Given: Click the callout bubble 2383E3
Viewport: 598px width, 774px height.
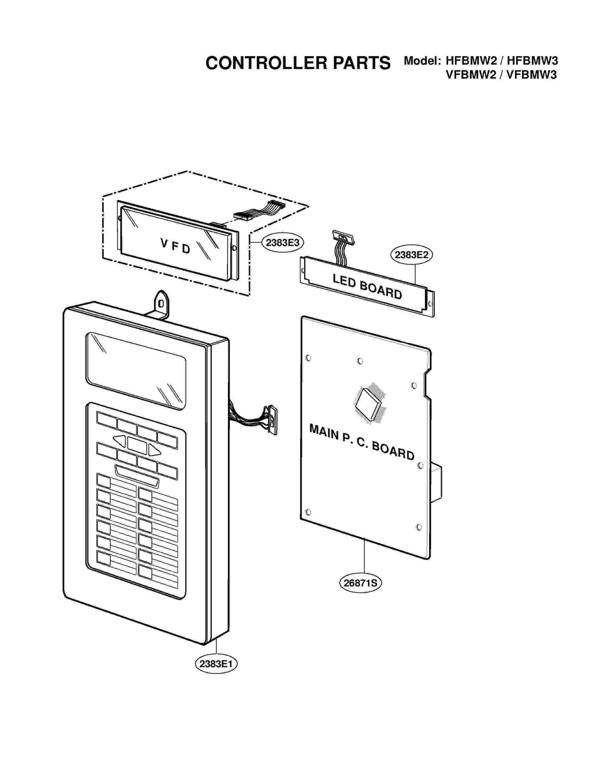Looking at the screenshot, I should pyautogui.click(x=282, y=243).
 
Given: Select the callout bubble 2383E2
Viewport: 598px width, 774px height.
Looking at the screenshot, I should pyautogui.click(x=411, y=255).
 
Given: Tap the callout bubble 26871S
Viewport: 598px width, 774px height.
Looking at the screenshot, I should pyautogui.click(x=360, y=583).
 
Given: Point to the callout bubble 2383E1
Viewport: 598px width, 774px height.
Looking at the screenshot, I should pyautogui.click(x=216, y=664).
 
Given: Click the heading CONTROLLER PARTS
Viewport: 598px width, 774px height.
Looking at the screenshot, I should pyautogui.click(x=298, y=63).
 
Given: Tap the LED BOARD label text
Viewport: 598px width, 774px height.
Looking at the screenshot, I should pyautogui.click(x=367, y=286).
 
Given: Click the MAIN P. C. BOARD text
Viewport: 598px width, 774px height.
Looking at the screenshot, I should pyautogui.click(x=362, y=442).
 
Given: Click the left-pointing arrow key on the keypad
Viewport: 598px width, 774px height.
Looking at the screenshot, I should pyautogui.click(x=120, y=441).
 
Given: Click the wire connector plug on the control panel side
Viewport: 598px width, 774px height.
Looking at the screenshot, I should pyautogui.click(x=272, y=420).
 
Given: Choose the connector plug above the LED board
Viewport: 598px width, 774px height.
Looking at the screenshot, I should pyautogui.click(x=343, y=237).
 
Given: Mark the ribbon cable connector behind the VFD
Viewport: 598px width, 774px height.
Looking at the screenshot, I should pyautogui.click(x=243, y=215).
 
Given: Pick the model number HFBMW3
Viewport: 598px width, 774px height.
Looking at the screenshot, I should pyautogui.click(x=532, y=60).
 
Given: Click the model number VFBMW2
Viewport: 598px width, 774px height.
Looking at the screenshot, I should pyautogui.click(x=471, y=75).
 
